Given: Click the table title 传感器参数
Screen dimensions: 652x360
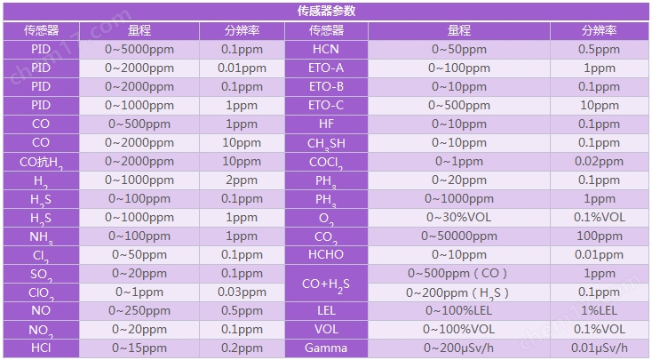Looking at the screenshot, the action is click(x=326, y=11).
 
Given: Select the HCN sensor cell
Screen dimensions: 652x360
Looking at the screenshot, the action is click(x=326, y=50).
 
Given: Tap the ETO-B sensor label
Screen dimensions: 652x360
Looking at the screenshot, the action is click(x=326, y=86).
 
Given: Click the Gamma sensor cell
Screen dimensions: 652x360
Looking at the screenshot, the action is click(x=326, y=348).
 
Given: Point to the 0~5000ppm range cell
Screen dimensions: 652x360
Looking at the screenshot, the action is click(x=139, y=50).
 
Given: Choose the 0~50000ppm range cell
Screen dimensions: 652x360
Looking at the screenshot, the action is click(x=459, y=236).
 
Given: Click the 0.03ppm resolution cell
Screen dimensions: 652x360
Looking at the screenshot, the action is click(x=242, y=292).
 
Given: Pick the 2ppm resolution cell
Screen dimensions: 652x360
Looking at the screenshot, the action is click(x=242, y=180).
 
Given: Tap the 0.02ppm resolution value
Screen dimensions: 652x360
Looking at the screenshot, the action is click(x=600, y=162).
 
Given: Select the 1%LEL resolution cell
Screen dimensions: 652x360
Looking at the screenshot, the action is click(x=600, y=310).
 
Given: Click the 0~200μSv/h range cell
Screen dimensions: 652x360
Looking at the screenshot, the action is click(x=459, y=348).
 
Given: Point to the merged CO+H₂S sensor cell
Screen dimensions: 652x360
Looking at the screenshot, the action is click(x=326, y=283).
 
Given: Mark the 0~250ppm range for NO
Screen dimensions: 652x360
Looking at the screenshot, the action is click(x=139, y=310).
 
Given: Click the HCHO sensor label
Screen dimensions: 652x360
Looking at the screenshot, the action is click(x=326, y=254).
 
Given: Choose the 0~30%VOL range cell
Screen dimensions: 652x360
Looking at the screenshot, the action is click(x=459, y=217).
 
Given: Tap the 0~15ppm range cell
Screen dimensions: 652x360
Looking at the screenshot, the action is click(x=139, y=348).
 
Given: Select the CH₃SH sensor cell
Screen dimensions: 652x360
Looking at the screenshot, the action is click(x=326, y=143).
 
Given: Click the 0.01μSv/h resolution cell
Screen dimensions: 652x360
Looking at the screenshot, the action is click(x=600, y=348).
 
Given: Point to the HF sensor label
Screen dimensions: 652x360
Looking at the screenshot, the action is click(x=326, y=124).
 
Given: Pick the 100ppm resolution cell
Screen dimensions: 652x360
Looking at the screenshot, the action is click(x=600, y=236).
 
